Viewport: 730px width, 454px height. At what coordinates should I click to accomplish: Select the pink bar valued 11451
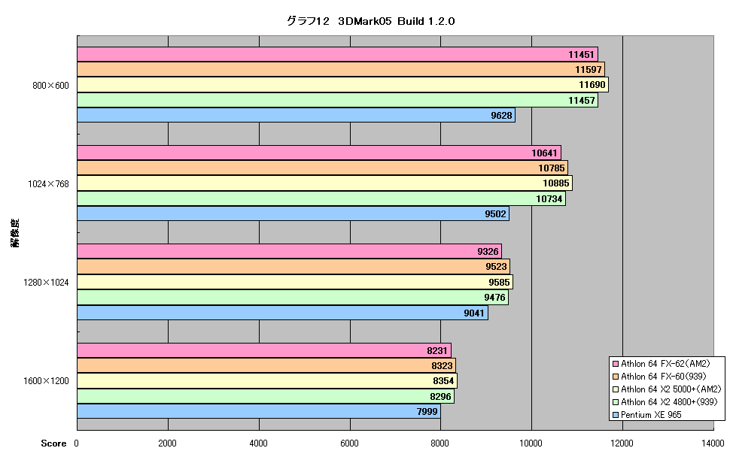pyautogui.click(x=338, y=54)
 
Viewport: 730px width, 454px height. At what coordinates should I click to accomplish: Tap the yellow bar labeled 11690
pyautogui.click(x=342, y=85)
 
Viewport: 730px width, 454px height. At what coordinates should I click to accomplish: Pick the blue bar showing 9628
pyautogui.click(x=296, y=115)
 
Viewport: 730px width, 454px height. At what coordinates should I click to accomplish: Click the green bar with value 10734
pyautogui.click(x=321, y=198)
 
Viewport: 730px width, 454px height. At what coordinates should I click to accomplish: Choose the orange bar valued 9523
pyautogui.click(x=294, y=267)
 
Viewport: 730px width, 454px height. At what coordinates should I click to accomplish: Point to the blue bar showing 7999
pyautogui.click(x=259, y=411)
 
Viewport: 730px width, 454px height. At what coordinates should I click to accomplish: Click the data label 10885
pyautogui.click(x=556, y=183)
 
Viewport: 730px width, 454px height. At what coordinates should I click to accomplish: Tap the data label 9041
pyautogui.click(x=474, y=313)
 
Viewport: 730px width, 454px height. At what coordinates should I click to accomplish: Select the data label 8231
pyautogui.click(x=437, y=351)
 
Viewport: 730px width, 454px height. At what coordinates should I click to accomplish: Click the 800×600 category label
pyautogui.click(x=50, y=86)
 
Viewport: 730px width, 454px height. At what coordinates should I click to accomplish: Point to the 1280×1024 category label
pyautogui.click(x=46, y=283)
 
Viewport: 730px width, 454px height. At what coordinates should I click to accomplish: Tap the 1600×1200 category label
pyautogui.click(x=46, y=381)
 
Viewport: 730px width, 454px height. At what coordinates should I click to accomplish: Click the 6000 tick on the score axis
pyautogui.click(x=349, y=443)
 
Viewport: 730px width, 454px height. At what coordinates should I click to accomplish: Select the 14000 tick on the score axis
pyautogui.click(x=713, y=443)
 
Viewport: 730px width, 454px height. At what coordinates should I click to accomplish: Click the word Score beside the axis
pyautogui.click(x=53, y=443)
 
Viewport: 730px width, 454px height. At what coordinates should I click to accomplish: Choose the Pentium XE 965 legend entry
pyautogui.click(x=647, y=414)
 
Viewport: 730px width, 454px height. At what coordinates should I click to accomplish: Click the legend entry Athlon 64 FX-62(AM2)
pyautogui.click(x=662, y=364)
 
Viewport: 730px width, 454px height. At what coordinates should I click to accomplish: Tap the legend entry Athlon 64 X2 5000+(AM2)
pyautogui.click(x=667, y=389)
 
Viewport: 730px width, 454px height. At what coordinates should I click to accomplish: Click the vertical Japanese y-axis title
pyautogui.click(x=15, y=232)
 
